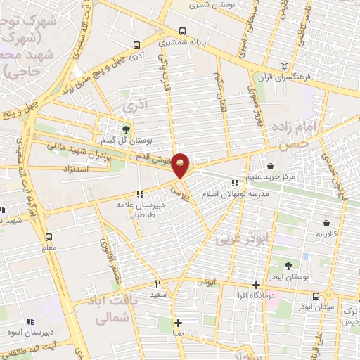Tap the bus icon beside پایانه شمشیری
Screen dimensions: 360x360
click(x=182, y=31)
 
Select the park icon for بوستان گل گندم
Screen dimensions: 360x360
click(x=127, y=129)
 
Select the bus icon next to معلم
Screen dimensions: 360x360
click(x=48, y=237)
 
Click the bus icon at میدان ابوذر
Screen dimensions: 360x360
click(x=316, y=295)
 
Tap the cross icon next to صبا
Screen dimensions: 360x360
click(x=178, y=323)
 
